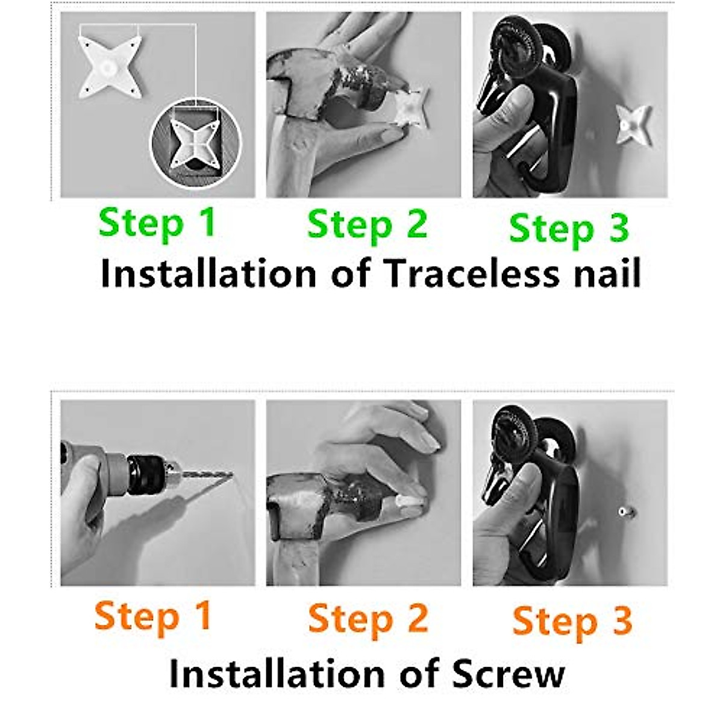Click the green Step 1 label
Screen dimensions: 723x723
(x=157, y=225)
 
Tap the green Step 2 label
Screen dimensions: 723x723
(x=368, y=227)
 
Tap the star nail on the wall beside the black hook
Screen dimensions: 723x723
(x=633, y=125)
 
